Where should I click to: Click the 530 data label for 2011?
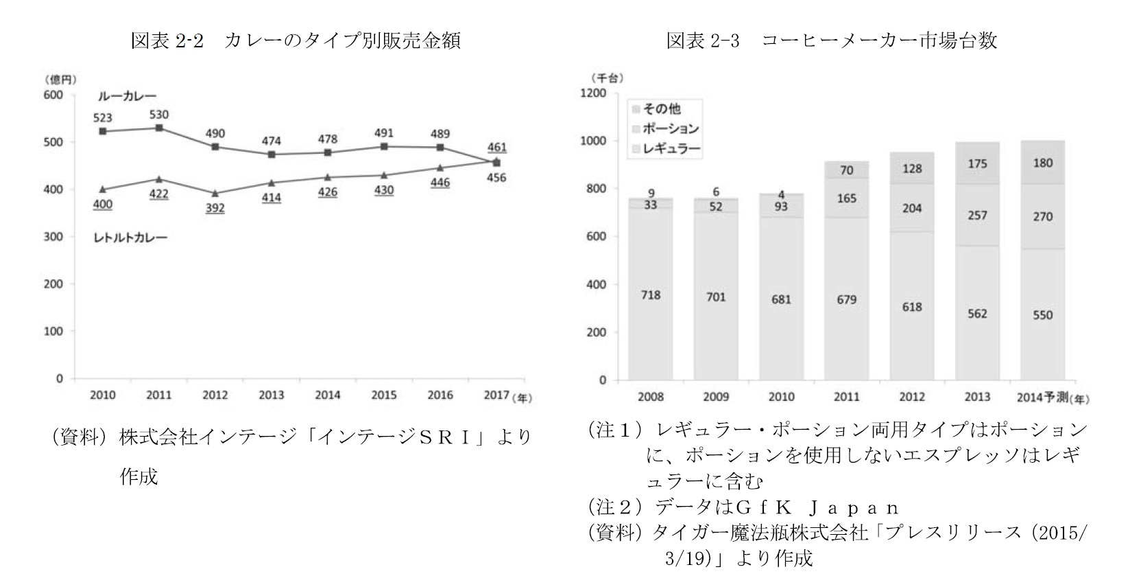[x=158, y=115]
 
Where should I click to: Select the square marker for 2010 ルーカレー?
[x=103, y=131]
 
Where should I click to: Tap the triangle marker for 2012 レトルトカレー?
[x=215, y=194]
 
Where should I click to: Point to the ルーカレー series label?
[x=126, y=97]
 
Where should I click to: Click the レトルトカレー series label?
[x=130, y=238]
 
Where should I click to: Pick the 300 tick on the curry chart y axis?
[x=53, y=237]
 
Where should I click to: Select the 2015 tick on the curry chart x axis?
[x=383, y=395]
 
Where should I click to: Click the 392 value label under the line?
[x=215, y=207]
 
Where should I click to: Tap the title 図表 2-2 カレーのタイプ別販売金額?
[x=296, y=41]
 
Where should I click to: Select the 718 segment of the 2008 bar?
[x=650, y=295]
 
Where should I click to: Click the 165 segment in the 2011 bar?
[x=846, y=198]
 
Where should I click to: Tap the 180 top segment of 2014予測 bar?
[x=1042, y=163]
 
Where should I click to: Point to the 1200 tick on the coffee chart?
[x=593, y=93]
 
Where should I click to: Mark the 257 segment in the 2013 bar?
[x=977, y=216]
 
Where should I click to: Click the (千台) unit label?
[x=608, y=78]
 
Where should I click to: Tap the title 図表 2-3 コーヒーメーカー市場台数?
[x=832, y=41]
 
